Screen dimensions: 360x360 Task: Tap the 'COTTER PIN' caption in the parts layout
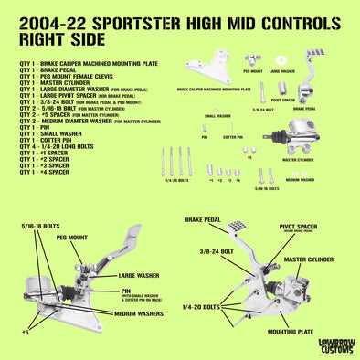[233, 136]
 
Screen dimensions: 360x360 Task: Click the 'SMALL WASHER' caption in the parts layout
[217, 116]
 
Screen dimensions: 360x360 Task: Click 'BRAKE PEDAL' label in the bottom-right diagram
[205, 220]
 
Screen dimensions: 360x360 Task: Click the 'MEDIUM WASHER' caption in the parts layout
[301, 180]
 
